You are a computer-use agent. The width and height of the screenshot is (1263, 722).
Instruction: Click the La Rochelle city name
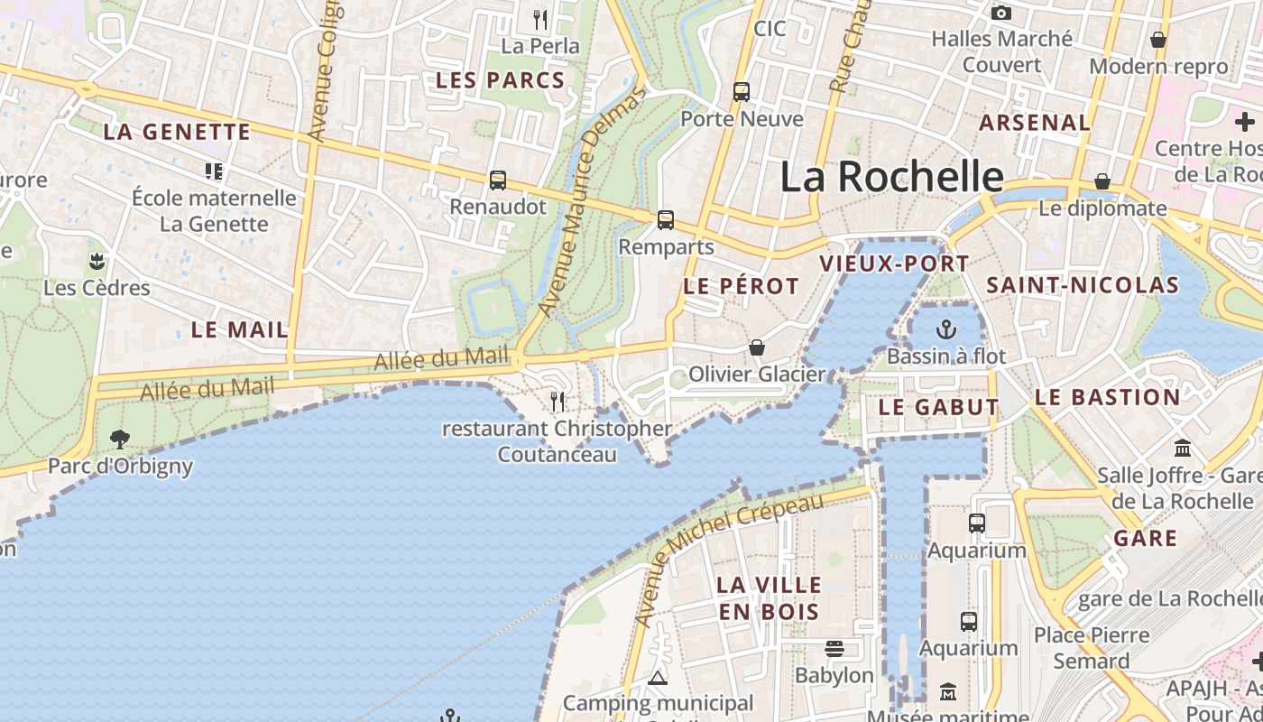(891, 177)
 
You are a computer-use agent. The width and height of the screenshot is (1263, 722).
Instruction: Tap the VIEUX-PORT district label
(894, 264)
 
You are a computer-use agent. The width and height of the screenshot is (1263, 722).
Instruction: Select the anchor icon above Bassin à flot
(945, 329)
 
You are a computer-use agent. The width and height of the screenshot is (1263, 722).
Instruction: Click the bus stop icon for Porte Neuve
(741, 91)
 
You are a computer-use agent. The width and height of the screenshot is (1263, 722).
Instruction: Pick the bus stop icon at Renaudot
(498, 180)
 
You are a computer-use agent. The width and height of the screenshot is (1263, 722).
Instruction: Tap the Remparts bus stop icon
(666, 219)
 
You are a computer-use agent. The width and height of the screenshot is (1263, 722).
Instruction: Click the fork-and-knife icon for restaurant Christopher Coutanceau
(558, 401)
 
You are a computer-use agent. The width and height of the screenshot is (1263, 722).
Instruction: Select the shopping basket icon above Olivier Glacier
(757, 347)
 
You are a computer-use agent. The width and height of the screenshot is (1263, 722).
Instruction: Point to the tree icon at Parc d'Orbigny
(119, 440)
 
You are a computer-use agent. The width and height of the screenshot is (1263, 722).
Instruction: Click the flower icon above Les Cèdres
(97, 262)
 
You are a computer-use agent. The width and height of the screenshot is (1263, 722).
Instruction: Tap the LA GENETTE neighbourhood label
(177, 132)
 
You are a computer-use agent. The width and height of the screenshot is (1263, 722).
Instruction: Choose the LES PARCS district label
(500, 80)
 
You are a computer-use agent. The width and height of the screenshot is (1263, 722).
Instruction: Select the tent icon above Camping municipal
(658, 678)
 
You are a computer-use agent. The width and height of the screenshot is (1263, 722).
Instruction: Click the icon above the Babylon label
(834, 649)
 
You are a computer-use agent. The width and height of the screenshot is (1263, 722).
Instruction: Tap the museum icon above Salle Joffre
(1183, 448)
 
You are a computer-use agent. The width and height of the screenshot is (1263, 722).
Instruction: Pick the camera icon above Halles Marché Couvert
(1000, 13)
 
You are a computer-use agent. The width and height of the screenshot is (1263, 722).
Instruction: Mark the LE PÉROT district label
(741, 286)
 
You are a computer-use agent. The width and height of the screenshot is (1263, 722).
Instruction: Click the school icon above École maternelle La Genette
(214, 171)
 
